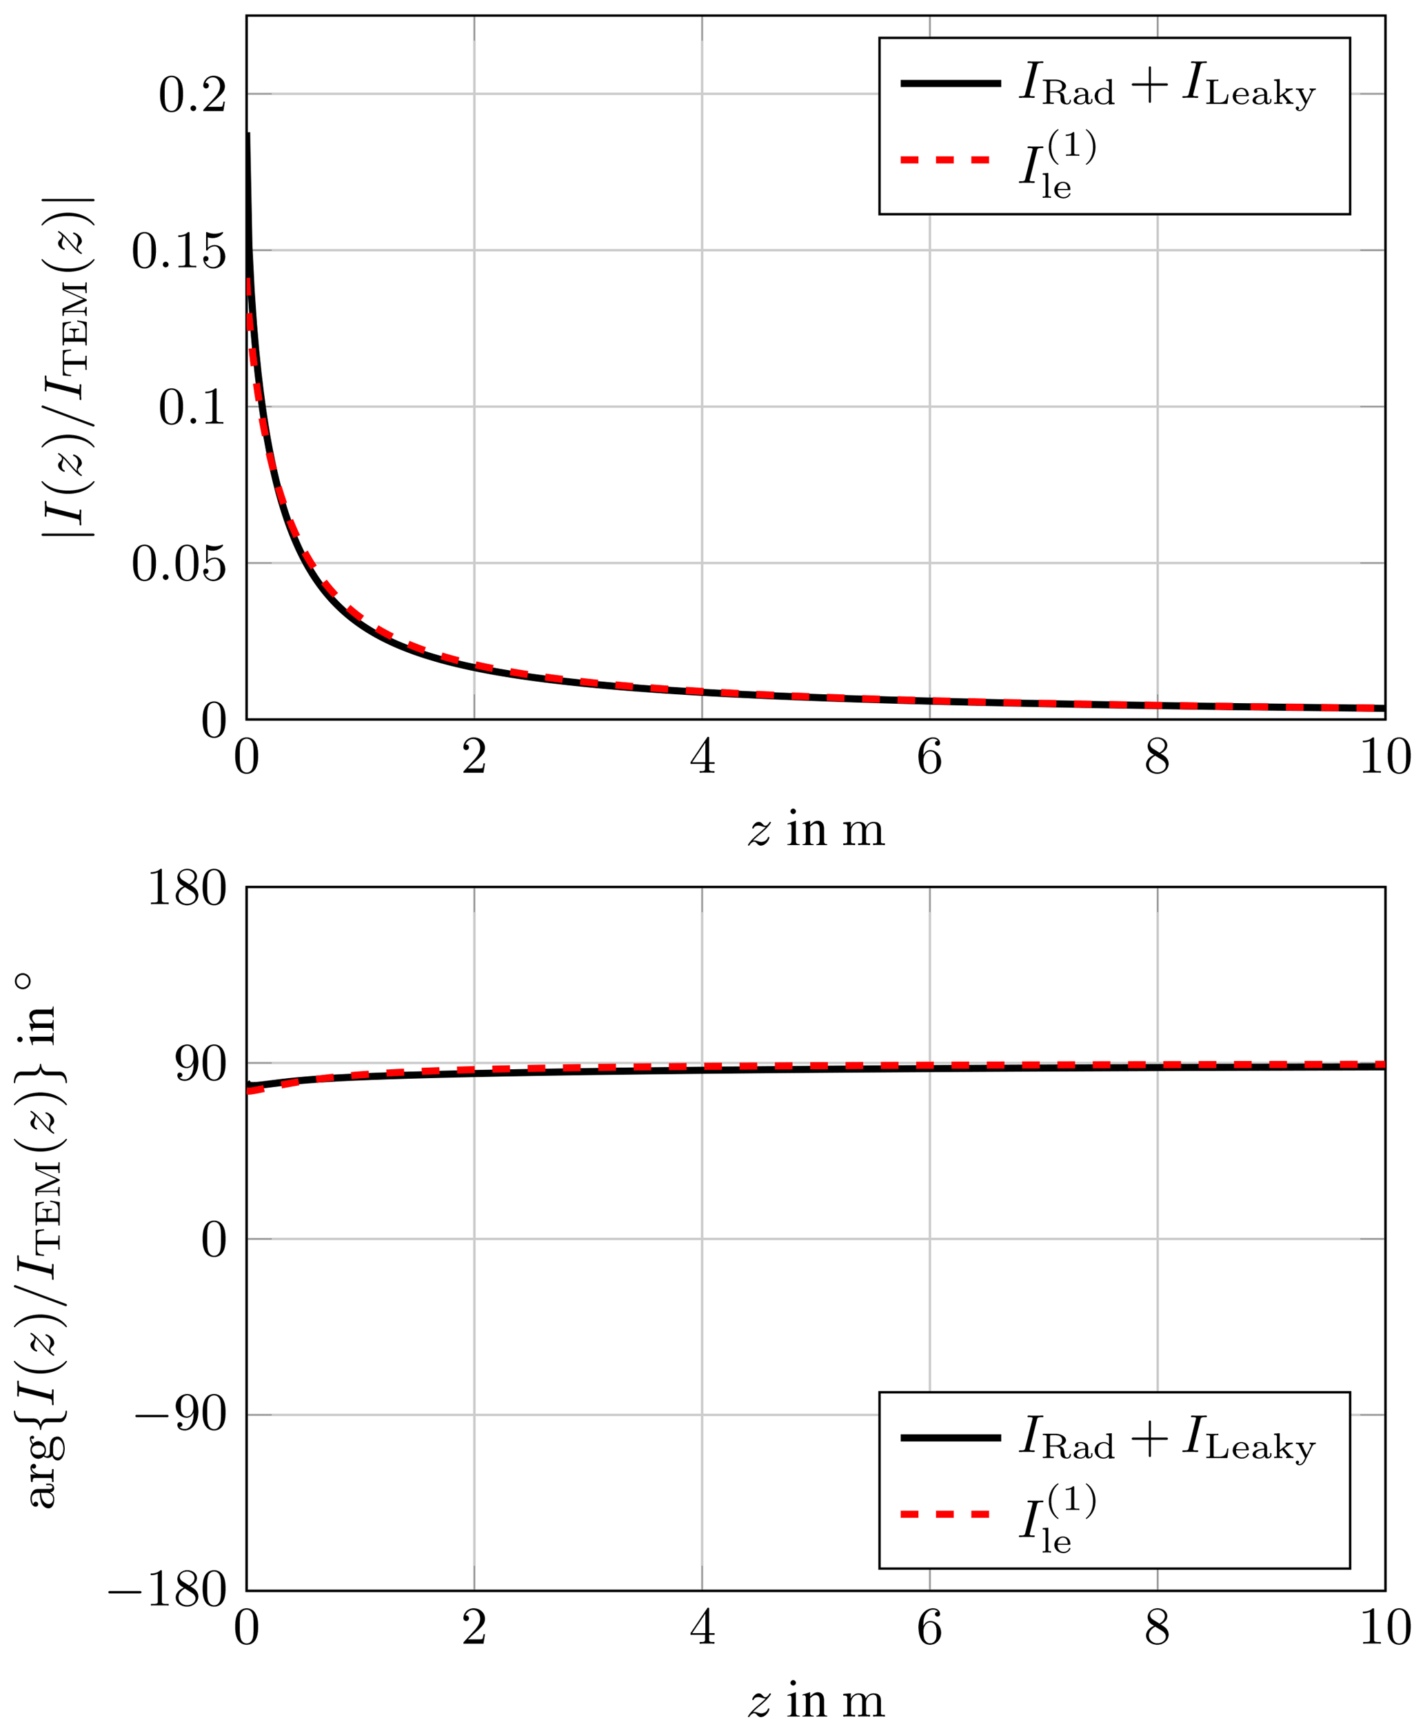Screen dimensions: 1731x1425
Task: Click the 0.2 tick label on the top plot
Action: tap(192, 95)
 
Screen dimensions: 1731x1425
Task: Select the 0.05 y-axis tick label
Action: tap(179, 564)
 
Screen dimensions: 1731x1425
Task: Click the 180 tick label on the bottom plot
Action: tap(187, 888)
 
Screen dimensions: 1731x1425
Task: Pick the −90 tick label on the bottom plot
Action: tap(181, 1416)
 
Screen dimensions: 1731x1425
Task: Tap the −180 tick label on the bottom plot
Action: tap(168, 1592)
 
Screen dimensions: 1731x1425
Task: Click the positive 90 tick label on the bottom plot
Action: tap(201, 1065)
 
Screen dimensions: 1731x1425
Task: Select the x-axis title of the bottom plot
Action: tap(816, 1701)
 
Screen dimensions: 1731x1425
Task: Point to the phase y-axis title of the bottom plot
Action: tap(41, 1239)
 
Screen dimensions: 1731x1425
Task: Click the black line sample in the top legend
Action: tap(951, 83)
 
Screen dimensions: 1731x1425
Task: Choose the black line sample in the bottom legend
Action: tap(951, 1438)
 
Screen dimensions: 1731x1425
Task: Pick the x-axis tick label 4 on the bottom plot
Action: tap(702, 1628)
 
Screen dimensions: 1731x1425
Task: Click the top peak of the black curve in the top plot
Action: tap(248, 134)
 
